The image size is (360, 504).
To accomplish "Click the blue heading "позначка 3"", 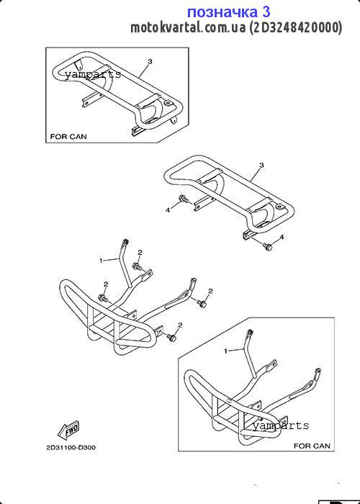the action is tap(228, 12).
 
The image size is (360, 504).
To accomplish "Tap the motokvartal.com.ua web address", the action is tap(188, 28).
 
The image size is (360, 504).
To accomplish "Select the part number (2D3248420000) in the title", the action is tap(296, 28).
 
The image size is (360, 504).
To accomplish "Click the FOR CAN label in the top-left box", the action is tap(68, 137).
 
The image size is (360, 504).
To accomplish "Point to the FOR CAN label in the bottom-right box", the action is tap(312, 446).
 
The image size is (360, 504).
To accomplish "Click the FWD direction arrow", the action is tap(68, 430).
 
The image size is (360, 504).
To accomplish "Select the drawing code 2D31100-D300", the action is tap(71, 447).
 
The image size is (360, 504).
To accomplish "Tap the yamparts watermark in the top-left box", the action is tap(93, 75).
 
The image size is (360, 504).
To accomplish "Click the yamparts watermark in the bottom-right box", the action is tap(281, 426).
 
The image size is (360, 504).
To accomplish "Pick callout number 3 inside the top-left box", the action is tap(150, 61).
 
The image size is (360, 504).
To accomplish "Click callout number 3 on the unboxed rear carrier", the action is tap(261, 165).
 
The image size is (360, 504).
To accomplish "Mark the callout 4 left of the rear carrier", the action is tap(168, 210).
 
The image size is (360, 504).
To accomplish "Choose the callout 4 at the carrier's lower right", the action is tap(282, 237).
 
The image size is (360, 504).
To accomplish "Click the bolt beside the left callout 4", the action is tap(183, 199).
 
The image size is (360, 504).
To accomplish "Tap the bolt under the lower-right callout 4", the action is tap(267, 247).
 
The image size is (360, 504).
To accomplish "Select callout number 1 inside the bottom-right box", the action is tap(225, 351).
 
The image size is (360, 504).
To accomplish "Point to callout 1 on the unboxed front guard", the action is tap(101, 261).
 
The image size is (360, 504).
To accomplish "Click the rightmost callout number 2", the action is tap(210, 291).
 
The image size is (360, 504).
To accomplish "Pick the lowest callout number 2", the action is tap(180, 325).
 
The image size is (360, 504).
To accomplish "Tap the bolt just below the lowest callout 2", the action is tap(172, 338).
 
